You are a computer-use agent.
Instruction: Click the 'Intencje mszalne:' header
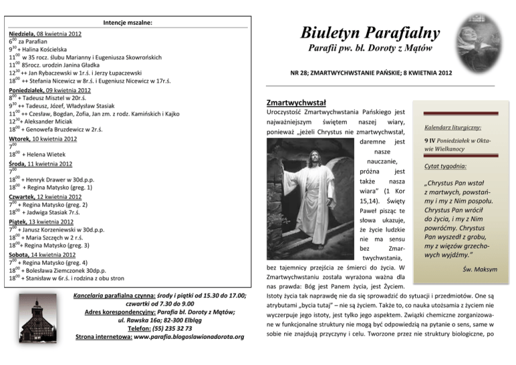pos(128,22)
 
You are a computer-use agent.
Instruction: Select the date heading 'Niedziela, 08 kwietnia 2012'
pos(45,33)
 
